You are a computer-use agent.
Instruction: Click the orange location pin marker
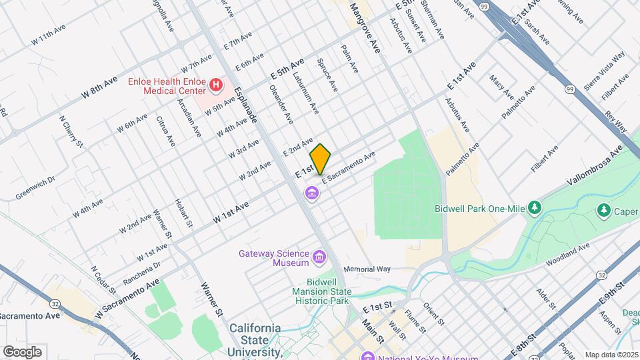coord(321,159)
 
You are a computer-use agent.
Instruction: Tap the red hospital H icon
coord(215,85)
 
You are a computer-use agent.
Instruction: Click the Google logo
coord(22,351)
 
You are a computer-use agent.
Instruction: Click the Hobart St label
coord(183,213)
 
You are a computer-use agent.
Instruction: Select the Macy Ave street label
coord(497,86)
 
